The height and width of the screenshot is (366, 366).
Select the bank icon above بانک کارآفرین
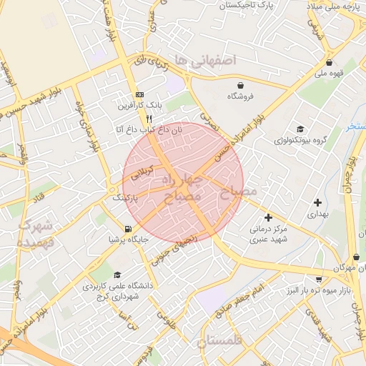coord(139,94)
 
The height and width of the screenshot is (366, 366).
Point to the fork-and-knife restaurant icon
coord(149,119)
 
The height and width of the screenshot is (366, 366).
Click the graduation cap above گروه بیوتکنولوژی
coord(300,129)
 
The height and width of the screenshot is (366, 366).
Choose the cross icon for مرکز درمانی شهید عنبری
coord(268,217)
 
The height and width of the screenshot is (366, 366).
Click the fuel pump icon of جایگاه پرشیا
coord(128,229)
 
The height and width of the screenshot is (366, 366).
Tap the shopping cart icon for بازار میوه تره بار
coord(319,280)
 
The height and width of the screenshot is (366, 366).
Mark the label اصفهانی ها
coord(208,61)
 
